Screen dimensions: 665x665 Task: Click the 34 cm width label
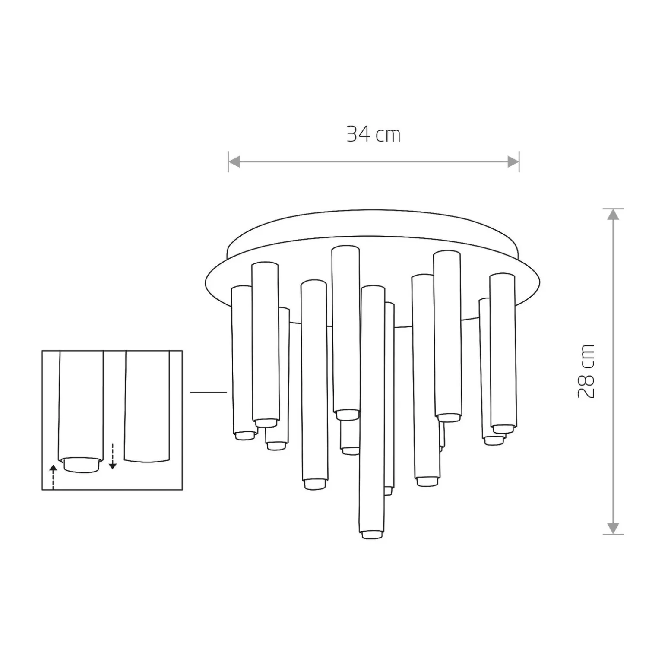coord(374,134)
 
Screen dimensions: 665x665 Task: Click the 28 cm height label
coord(586,371)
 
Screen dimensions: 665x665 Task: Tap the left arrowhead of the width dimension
coord(234,162)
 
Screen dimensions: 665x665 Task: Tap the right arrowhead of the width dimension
coord(513,162)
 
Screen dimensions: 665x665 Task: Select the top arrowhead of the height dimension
coord(613,214)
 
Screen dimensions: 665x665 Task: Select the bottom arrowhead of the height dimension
coord(613,529)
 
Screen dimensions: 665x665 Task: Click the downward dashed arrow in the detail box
coord(112,456)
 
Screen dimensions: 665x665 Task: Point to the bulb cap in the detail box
coord(81,465)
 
